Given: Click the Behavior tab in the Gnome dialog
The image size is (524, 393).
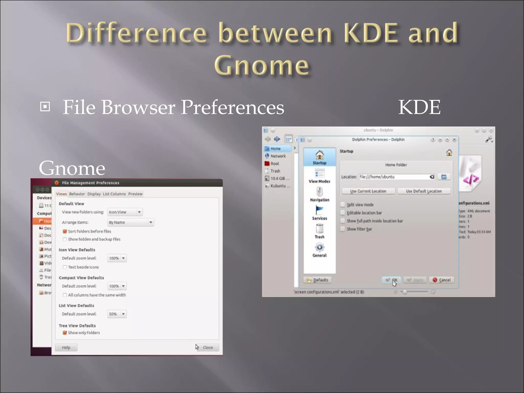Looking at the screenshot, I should tap(77, 194).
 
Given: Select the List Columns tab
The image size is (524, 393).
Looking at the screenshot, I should tap(114, 194).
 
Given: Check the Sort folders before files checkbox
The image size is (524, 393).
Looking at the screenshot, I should tap(65, 231).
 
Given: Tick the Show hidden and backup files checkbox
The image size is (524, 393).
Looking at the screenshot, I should tap(65, 239).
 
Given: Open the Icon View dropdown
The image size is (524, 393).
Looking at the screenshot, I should tap(125, 212).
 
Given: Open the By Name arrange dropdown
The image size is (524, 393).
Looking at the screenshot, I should tap(130, 222).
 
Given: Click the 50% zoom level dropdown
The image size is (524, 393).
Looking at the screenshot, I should tap(117, 314).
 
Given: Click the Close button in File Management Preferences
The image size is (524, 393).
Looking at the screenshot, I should tap(208, 347).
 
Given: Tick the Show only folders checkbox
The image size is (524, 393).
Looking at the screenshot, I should tap(65, 333).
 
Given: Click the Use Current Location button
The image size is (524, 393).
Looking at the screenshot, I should tap(368, 191).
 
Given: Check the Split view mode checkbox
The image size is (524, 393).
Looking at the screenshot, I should tap(343, 205).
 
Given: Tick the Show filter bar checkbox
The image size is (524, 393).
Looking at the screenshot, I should tap(343, 229).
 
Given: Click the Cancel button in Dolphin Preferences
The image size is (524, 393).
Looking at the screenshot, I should tap(442, 280).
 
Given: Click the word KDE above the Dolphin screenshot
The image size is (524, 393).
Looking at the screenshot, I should tap(419, 107).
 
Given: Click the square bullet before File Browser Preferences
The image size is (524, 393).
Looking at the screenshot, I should tap(45, 106).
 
